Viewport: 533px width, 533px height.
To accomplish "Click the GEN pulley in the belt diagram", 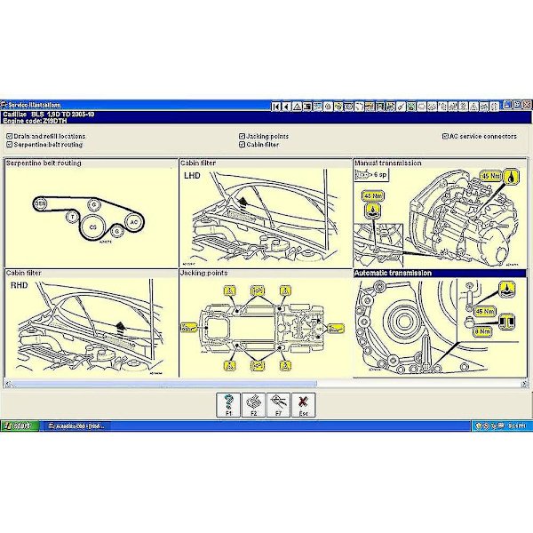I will pyautogui.click(x=41, y=203).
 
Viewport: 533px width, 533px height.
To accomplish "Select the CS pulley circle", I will pyautogui.click(x=92, y=227).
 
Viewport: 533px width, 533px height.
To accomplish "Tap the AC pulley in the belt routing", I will pyautogui.click(x=133, y=220).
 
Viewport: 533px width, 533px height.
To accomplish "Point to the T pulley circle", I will pyautogui.click(x=72, y=216).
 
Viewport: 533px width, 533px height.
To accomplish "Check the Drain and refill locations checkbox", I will pyautogui.click(x=9, y=136).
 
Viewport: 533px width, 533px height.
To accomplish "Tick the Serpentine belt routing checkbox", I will pyautogui.click(x=9, y=144).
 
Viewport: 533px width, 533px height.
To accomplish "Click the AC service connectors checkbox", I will pyautogui.click(x=444, y=136).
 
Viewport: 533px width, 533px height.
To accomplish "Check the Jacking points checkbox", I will pyautogui.click(x=242, y=136).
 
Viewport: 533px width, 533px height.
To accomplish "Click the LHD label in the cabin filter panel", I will pyautogui.click(x=193, y=176).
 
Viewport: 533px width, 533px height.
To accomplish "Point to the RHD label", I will pyautogui.click(x=20, y=287).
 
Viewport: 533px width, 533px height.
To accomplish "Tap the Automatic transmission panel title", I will pyautogui.click(x=393, y=273).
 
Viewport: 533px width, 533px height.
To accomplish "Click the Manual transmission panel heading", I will pyautogui.click(x=388, y=163).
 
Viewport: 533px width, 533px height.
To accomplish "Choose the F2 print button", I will pyautogui.click(x=253, y=404).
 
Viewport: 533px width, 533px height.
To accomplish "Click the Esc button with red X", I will pyautogui.click(x=304, y=404).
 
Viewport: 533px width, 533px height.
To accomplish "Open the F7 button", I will pyautogui.click(x=278, y=404).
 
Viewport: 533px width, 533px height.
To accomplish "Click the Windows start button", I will pyautogui.click(x=18, y=426).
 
